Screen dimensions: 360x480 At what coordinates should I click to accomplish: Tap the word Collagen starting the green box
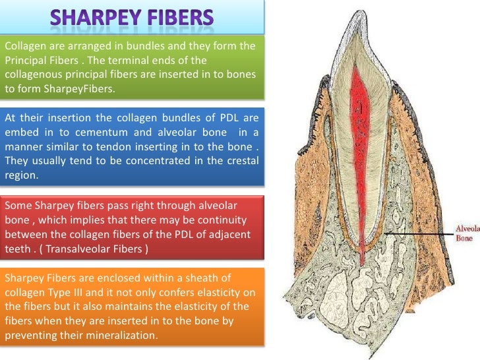pyautogui.click(x=25, y=45)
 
